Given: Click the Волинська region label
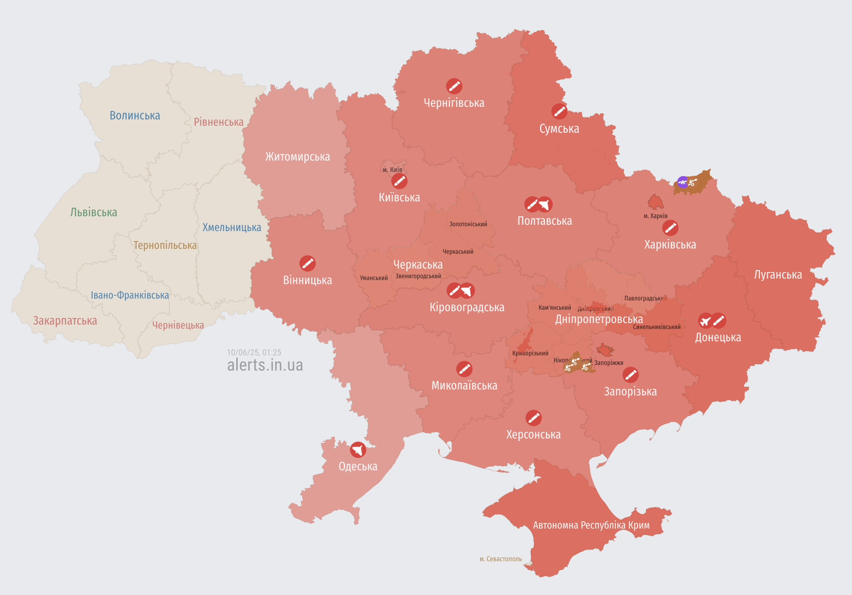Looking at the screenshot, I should [135, 115].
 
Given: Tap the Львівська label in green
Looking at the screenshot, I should [94, 212].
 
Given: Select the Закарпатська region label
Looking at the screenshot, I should [65, 320].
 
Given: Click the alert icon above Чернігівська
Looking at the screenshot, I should [454, 86].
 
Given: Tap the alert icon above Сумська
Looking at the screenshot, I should [559, 111].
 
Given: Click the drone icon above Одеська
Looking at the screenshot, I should [358, 450].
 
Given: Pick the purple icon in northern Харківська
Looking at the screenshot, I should [683, 182].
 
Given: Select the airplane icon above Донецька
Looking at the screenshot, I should [705, 321].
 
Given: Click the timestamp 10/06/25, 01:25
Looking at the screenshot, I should [254, 352].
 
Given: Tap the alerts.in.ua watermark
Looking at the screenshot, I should [265, 365].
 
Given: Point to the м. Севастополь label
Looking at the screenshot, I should [500, 559].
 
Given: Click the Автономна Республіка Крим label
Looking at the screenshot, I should [591, 525].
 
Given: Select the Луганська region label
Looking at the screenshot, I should [778, 275].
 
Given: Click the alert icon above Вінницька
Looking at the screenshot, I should [307, 263].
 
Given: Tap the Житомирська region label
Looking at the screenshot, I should [297, 157].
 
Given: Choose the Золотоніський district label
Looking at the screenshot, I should [468, 224].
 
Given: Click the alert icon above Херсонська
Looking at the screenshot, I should [533, 418].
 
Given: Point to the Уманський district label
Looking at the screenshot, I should [374, 278].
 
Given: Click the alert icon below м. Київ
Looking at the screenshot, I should [399, 181].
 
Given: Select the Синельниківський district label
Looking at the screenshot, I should [657, 327].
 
